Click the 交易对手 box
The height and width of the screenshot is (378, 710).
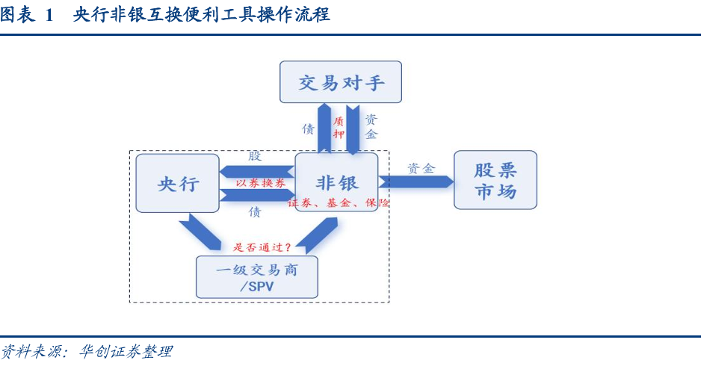(341, 82)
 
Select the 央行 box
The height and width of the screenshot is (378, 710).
(178, 183)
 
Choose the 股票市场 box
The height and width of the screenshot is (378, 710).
(495, 180)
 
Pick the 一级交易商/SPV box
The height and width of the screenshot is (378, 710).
(256, 277)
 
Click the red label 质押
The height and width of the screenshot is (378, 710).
(339, 127)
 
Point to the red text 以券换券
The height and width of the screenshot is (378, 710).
(261, 183)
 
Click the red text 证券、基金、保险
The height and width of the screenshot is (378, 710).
(338, 202)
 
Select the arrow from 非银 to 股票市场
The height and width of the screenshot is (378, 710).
(415, 182)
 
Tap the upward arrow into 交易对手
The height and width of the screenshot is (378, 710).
(324, 128)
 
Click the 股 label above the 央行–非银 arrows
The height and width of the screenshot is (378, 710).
(255, 155)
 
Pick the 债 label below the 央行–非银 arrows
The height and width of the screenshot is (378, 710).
(255, 212)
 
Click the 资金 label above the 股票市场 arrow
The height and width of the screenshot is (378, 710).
(421, 168)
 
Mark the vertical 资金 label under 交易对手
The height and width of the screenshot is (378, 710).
(371, 126)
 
